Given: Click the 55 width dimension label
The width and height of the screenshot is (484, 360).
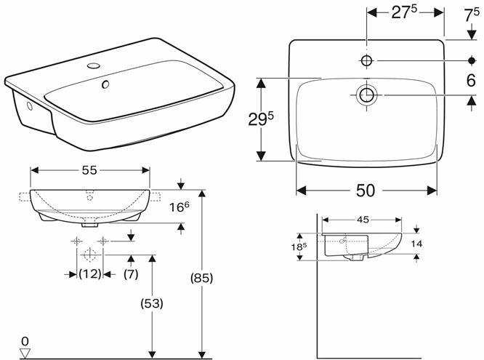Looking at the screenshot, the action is pos(89,170).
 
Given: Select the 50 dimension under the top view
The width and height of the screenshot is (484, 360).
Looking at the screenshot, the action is pos(366,191).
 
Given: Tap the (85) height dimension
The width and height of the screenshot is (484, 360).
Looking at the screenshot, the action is pos(201,279).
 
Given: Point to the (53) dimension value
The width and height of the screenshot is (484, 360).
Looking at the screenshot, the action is pos(152,304).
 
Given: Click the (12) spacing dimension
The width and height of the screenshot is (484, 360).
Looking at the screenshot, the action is pos(90,273).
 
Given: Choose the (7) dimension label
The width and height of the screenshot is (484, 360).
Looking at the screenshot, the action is pos(131,274).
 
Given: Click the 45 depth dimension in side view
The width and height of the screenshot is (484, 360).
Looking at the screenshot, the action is pos(363,220).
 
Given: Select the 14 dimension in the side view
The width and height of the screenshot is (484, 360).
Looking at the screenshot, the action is pos(416,244).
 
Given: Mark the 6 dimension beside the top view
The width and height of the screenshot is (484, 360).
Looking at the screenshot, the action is pos(471,81).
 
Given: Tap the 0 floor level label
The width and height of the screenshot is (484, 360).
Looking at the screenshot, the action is pos(25,342).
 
